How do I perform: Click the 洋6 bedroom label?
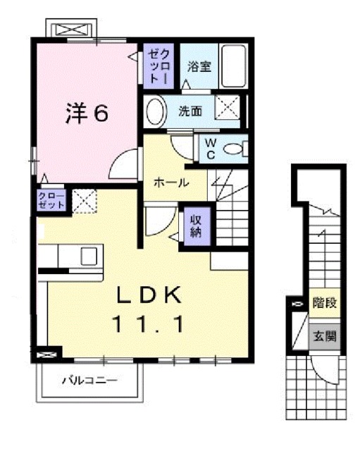(87, 113)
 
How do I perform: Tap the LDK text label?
(149, 295)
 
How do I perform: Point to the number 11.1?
(149, 324)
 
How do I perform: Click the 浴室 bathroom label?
(199, 66)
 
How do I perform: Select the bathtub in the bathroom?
(234, 66)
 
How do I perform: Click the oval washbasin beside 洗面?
(156, 112)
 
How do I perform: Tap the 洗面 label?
(190, 111)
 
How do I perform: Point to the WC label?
(211, 149)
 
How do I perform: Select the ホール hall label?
(171, 183)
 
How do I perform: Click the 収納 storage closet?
(197, 226)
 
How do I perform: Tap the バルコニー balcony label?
(90, 381)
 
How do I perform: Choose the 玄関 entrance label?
(325, 336)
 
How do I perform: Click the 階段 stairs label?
(325, 303)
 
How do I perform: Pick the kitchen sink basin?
(89, 256)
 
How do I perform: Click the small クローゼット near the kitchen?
(51, 201)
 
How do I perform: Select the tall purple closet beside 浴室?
(159, 66)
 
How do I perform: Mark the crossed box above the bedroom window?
(71, 30)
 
